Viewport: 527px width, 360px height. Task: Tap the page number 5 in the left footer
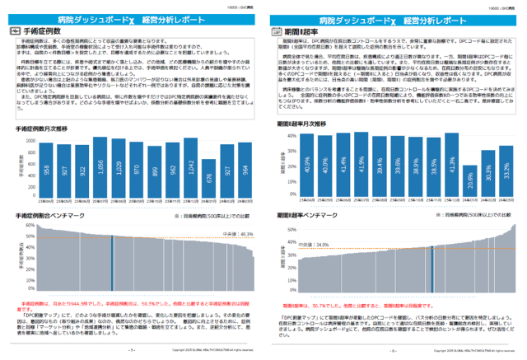coord(131,349)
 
